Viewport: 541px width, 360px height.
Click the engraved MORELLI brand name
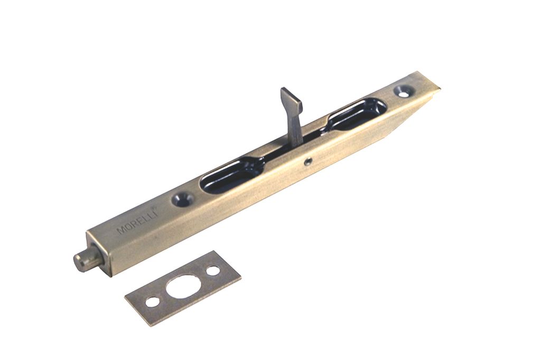tap(137, 221)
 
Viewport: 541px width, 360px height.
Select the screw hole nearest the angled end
tap(404, 91)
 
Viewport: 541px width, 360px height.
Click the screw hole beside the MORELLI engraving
tap(182, 199)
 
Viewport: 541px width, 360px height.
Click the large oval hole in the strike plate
tap(183, 286)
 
